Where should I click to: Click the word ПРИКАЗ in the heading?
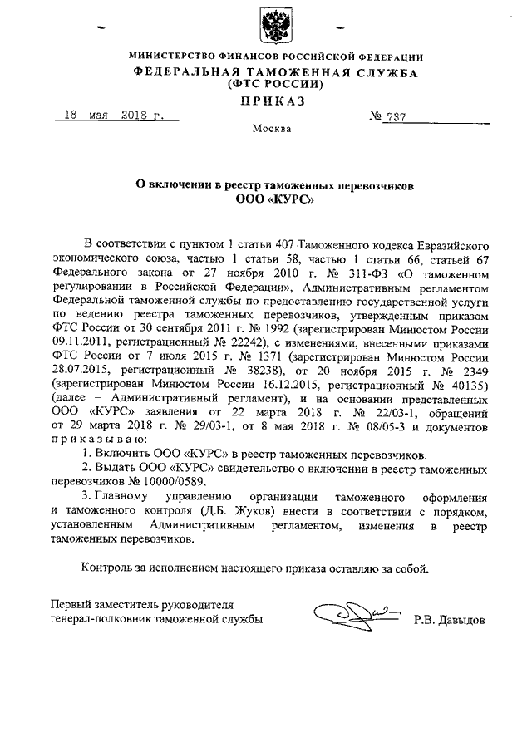click(x=273, y=101)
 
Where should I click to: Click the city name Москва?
click(x=271, y=130)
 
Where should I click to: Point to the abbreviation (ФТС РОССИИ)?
click(x=273, y=85)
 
